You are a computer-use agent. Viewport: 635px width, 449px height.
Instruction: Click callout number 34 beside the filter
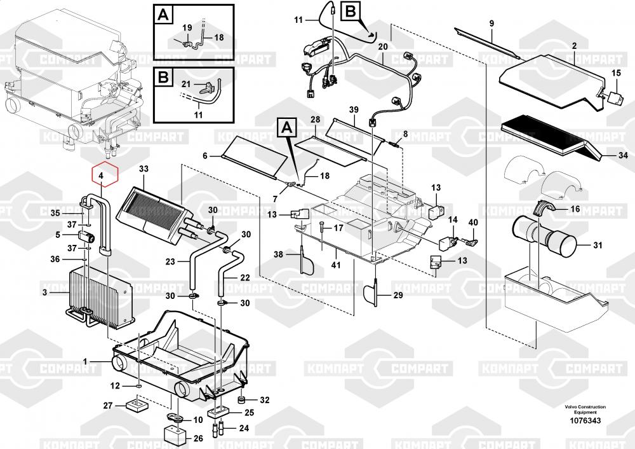tap(623, 155)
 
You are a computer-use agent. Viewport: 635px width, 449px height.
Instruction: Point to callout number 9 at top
tap(491, 24)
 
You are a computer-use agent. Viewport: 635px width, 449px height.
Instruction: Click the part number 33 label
tap(143, 169)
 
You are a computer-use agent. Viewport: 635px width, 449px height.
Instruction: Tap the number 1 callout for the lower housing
tap(84, 363)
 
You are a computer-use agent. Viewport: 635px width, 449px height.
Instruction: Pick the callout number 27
tap(107, 406)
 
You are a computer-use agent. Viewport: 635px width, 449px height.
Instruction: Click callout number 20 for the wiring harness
tap(382, 48)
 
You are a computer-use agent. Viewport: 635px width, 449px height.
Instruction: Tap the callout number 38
tap(278, 254)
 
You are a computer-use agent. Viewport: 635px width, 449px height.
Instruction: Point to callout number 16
tap(575, 208)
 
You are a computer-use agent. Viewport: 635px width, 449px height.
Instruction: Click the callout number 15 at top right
tap(616, 74)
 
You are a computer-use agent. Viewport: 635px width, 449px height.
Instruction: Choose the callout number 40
tap(472, 222)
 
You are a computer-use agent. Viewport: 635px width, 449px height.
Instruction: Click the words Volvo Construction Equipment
tap(585, 410)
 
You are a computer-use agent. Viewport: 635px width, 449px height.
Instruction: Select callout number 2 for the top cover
tap(574, 46)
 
